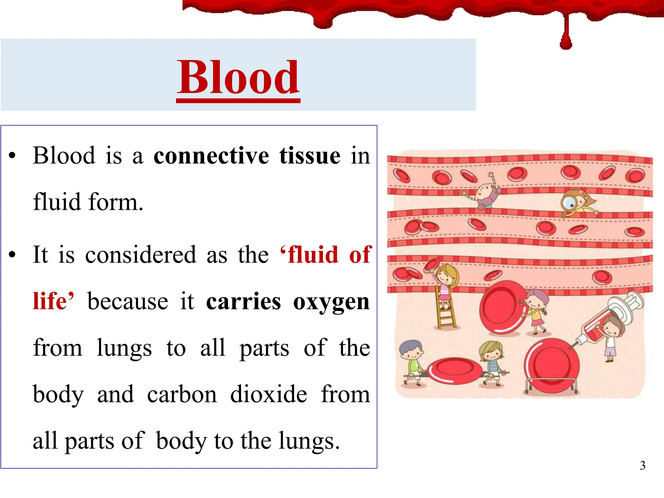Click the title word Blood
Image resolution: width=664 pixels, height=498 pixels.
point(238,78)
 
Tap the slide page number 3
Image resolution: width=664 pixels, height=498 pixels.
point(642,466)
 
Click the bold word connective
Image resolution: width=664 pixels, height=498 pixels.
point(211,156)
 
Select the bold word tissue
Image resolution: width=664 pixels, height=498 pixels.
point(310,156)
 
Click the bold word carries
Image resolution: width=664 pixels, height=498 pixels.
point(243,302)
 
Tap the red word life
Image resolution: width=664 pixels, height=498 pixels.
point(50,301)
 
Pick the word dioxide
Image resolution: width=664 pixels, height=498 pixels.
point(268,394)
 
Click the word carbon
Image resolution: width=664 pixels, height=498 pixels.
point(182,394)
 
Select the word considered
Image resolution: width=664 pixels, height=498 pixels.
point(141,255)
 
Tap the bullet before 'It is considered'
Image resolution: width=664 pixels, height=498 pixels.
point(12,255)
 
